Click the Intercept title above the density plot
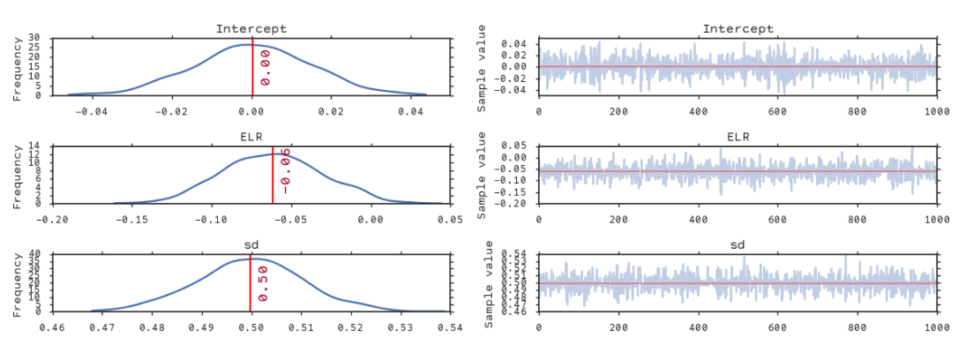[251, 29]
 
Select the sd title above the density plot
[251, 244]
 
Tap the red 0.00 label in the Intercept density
[265, 67]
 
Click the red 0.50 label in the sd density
[263, 282]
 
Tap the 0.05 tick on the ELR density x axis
[450, 219]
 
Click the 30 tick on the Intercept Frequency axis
[34, 39]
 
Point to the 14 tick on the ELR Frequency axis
[34, 146]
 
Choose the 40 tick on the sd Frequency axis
[34, 254]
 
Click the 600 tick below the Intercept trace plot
[777, 111]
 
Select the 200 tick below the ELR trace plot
[617, 219]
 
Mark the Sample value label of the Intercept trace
[482, 67]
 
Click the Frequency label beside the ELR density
[17, 175]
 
